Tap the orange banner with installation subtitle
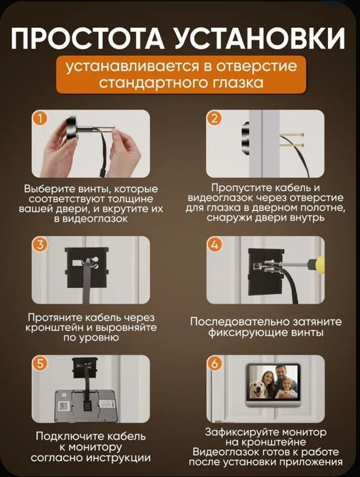pyautogui.click(x=179, y=76)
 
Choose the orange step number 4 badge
pyautogui.click(x=215, y=244)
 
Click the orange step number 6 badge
pyautogui.click(x=215, y=364)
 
